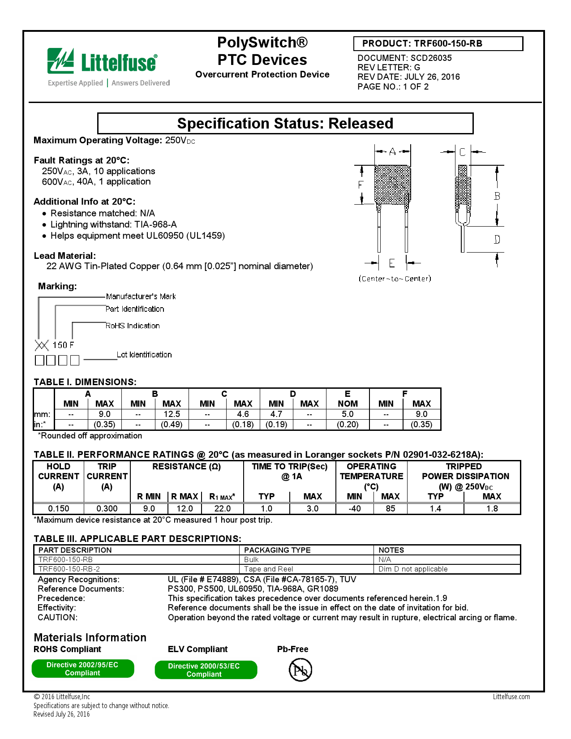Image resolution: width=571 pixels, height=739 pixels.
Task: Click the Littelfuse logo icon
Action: tap(61, 61)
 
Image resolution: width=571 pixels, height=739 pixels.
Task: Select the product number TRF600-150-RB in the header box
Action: tap(448, 43)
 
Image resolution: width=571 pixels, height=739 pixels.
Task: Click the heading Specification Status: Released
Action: tap(285, 123)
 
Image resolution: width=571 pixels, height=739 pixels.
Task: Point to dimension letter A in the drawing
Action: tap(392, 151)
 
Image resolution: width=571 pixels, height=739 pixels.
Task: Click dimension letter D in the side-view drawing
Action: tap(497, 240)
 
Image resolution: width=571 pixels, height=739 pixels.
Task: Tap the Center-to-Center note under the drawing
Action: tap(395, 279)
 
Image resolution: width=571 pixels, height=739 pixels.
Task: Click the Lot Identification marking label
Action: tap(144, 355)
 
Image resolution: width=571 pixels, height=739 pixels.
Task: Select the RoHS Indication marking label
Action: tap(133, 326)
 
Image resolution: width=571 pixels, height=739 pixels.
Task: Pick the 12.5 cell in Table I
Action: tap(172, 414)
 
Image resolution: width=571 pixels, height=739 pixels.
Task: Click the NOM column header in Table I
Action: tap(348, 404)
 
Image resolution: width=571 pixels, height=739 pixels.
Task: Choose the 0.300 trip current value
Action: tap(107, 508)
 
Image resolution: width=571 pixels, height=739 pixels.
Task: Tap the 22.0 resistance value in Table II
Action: tap(222, 508)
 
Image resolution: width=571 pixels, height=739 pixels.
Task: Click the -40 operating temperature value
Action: tap(354, 508)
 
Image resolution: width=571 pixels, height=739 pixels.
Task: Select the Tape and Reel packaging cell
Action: tap(269, 569)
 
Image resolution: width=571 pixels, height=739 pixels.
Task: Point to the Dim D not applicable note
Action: tap(413, 569)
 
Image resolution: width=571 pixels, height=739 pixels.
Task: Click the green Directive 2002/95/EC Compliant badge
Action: tap(82, 669)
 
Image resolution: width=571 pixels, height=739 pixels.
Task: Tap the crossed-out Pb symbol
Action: tap(300, 670)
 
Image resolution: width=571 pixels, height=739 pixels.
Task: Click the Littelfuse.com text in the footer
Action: tap(511, 696)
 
